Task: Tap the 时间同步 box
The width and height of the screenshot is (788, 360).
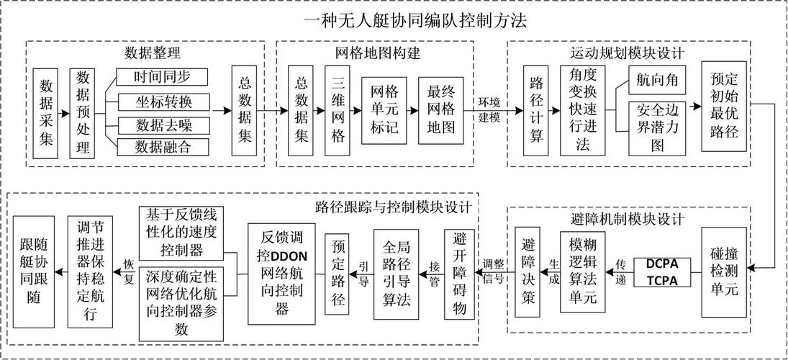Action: (x=162, y=77)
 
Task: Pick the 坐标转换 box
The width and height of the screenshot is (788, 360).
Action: (x=162, y=101)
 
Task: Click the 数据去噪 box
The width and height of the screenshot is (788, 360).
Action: (x=162, y=125)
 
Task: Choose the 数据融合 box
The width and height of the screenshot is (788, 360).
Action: (x=162, y=148)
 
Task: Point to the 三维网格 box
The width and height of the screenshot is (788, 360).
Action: (x=338, y=112)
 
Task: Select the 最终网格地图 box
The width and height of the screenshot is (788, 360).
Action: (x=442, y=112)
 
